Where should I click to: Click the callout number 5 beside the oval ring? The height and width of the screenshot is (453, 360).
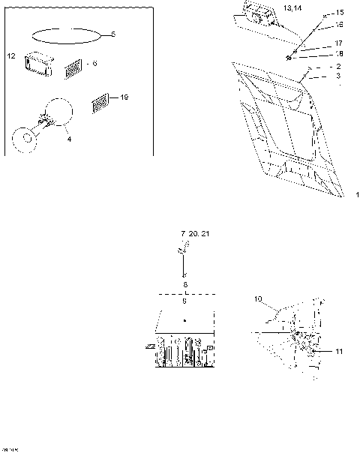(x=113, y=34)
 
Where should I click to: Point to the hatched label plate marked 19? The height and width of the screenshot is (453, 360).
(x=100, y=103)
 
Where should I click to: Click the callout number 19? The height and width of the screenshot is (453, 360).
(x=124, y=97)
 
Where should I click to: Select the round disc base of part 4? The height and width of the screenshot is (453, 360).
(x=26, y=139)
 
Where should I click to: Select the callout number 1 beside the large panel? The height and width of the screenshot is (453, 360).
(x=357, y=195)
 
